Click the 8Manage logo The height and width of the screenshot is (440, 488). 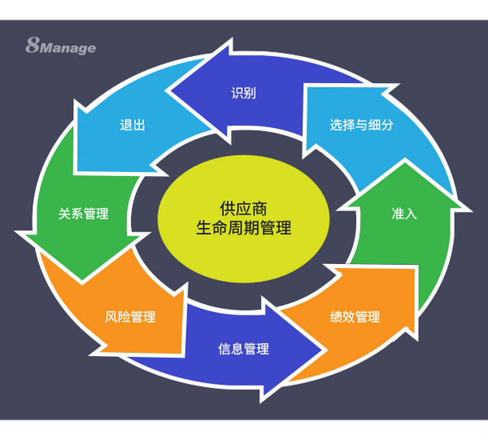(60, 46)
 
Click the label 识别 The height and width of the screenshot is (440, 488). (243, 93)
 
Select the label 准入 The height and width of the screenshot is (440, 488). (403, 214)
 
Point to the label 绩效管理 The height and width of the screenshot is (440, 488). (355, 317)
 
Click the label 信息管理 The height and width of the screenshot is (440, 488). (243, 349)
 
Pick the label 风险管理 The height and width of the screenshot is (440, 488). (130, 317)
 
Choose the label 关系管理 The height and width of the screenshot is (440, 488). (83, 214)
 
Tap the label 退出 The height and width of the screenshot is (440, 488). (132, 125)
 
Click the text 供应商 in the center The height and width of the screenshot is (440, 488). (243, 208)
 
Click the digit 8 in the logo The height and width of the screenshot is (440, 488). (33, 46)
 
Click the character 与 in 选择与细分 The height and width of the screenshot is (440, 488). (361, 125)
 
